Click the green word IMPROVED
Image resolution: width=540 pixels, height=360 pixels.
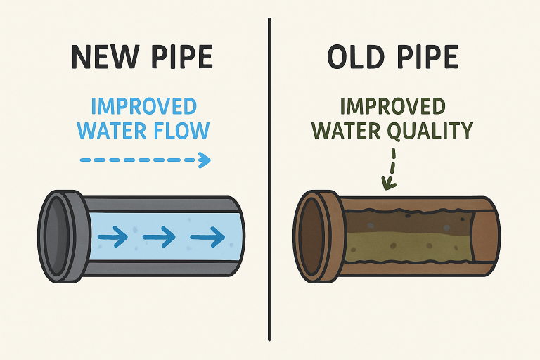(392, 107)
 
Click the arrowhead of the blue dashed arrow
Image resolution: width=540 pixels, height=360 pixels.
(205, 160)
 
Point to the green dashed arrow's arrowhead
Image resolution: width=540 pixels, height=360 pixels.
(385, 185)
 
